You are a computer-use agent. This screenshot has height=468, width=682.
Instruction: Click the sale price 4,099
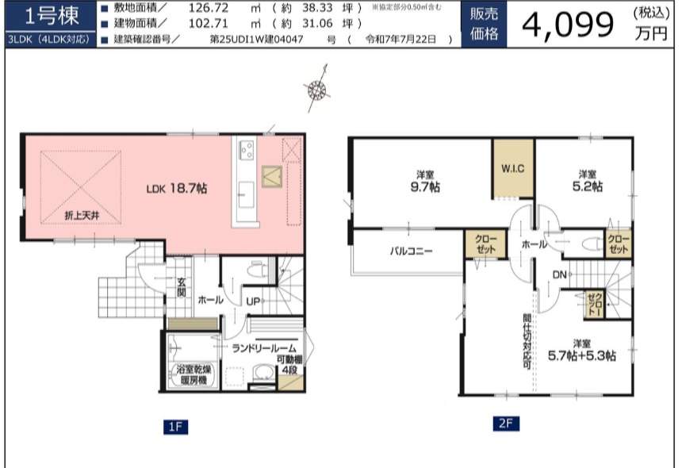pos(567,25)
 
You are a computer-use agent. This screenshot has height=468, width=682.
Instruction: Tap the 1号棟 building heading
pos(52,17)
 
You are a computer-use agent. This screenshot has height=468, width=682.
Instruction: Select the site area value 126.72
pos(209,8)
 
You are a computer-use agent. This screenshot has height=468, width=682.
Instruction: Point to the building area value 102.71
pos(208,23)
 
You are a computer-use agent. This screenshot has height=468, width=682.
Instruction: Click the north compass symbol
pos(317,89)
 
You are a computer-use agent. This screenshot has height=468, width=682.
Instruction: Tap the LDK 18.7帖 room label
pos(177,189)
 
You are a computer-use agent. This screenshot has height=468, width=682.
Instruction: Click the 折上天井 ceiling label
pos(82,215)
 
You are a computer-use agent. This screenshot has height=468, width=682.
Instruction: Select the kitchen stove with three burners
pos(247,150)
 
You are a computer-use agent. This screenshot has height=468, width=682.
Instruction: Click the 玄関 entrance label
pos(182,287)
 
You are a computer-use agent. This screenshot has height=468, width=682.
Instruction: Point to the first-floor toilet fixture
pos(257,270)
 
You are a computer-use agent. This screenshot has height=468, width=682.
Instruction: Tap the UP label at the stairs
pos(253,301)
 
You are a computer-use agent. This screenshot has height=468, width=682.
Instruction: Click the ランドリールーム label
pos(264,348)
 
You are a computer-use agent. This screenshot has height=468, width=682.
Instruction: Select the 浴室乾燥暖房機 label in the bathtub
pos(193,374)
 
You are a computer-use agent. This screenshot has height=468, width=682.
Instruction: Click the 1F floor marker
pos(176,427)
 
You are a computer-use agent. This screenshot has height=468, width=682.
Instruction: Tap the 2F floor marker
pos(506,424)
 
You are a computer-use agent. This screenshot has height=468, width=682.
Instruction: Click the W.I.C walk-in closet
pos(513,169)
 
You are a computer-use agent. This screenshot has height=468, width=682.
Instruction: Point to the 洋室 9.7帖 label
pos(425,182)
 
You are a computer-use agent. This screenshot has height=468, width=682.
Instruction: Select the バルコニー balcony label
pos(411,251)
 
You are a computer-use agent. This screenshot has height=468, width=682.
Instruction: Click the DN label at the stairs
pos(559,274)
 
